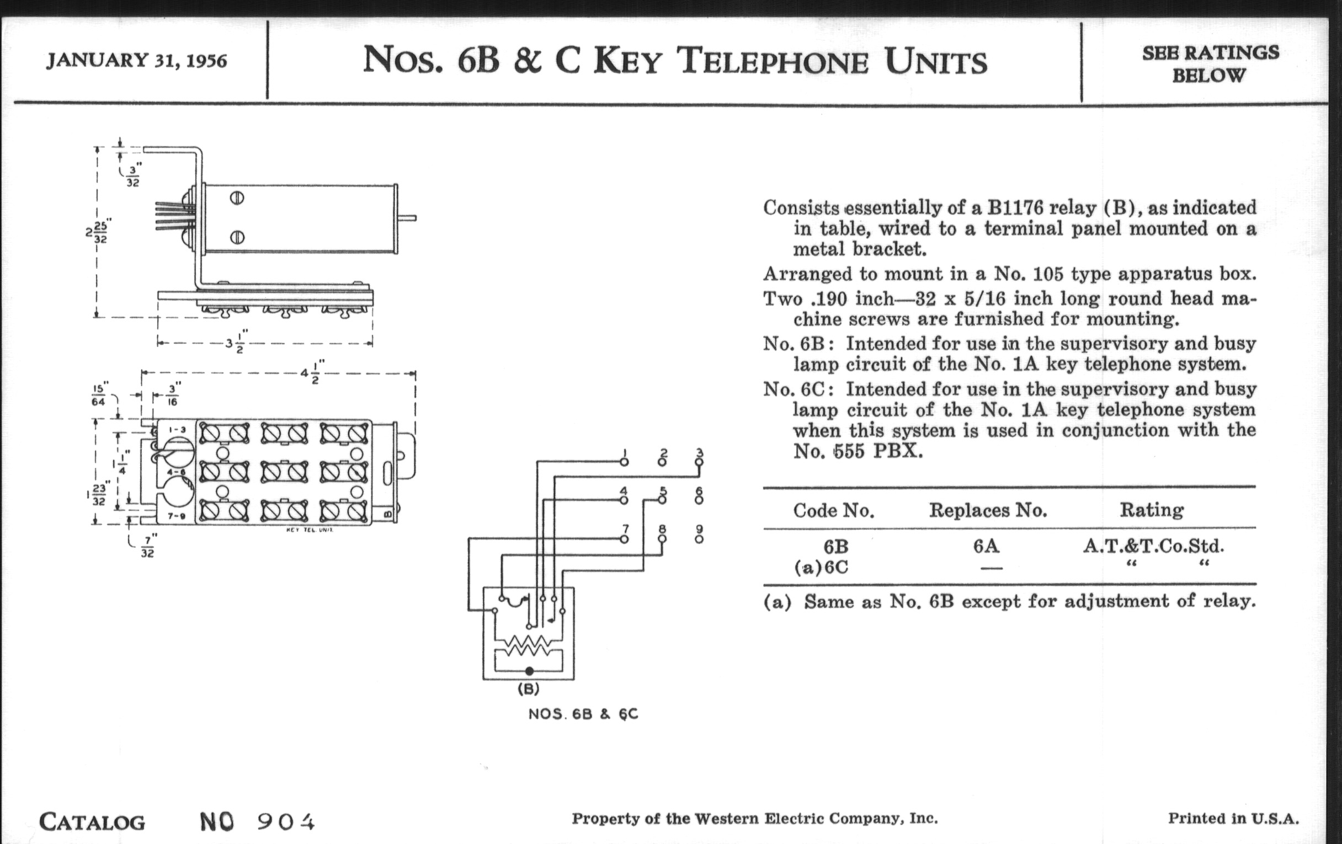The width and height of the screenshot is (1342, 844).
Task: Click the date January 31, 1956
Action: (x=136, y=60)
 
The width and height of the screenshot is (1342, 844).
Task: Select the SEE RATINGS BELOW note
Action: (x=1211, y=63)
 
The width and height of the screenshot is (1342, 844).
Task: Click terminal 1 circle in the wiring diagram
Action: (x=624, y=462)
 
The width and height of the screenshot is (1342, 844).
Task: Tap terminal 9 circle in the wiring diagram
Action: (x=700, y=539)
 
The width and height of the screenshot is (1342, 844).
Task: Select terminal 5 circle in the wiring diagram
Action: (x=662, y=500)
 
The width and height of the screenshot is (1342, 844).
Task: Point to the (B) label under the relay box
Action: (x=528, y=689)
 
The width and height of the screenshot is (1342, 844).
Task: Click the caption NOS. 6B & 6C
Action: (x=583, y=714)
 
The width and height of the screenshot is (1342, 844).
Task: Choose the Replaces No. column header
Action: (x=988, y=510)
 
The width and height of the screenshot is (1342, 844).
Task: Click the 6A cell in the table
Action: (x=986, y=547)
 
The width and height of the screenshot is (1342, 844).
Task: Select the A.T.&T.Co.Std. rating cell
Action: (x=1153, y=547)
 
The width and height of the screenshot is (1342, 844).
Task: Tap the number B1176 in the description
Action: (x=1015, y=208)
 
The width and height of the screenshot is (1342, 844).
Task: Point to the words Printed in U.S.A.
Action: (x=1233, y=819)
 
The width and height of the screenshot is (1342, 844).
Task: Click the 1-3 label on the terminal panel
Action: (x=177, y=430)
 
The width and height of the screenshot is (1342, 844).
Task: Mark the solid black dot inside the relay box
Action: (x=529, y=671)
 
